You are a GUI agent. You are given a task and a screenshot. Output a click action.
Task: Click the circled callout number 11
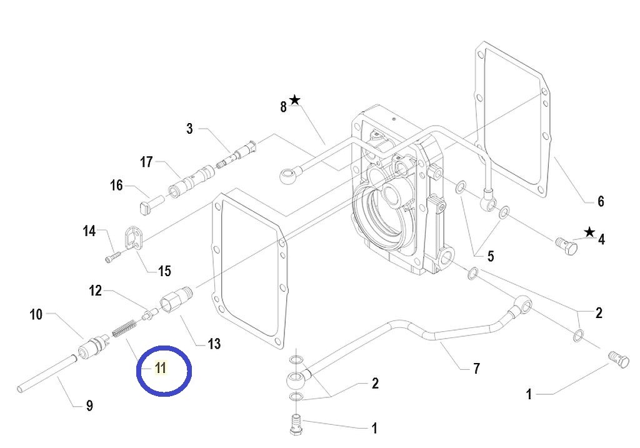(x=161, y=368)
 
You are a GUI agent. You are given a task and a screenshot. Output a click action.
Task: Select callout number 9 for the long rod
(x=89, y=406)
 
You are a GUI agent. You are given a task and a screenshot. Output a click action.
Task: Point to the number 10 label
(x=36, y=314)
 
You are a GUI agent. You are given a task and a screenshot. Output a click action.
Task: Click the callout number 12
(x=95, y=291)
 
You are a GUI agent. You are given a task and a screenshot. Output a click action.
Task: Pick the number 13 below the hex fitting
(x=214, y=344)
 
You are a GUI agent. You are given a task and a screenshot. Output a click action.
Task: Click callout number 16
(x=117, y=185)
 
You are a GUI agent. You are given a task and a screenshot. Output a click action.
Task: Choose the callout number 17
(x=146, y=162)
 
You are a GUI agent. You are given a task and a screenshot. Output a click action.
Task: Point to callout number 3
(x=189, y=129)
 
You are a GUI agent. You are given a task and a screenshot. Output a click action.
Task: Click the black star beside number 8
(x=295, y=100)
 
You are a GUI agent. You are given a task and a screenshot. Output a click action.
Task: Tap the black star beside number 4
(x=589, y=232)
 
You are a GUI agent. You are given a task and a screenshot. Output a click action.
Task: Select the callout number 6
(x=601, y=201)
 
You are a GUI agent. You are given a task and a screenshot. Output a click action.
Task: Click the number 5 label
(x=491, y=256)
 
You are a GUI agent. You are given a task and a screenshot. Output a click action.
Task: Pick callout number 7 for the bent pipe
(x=476, y=369)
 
